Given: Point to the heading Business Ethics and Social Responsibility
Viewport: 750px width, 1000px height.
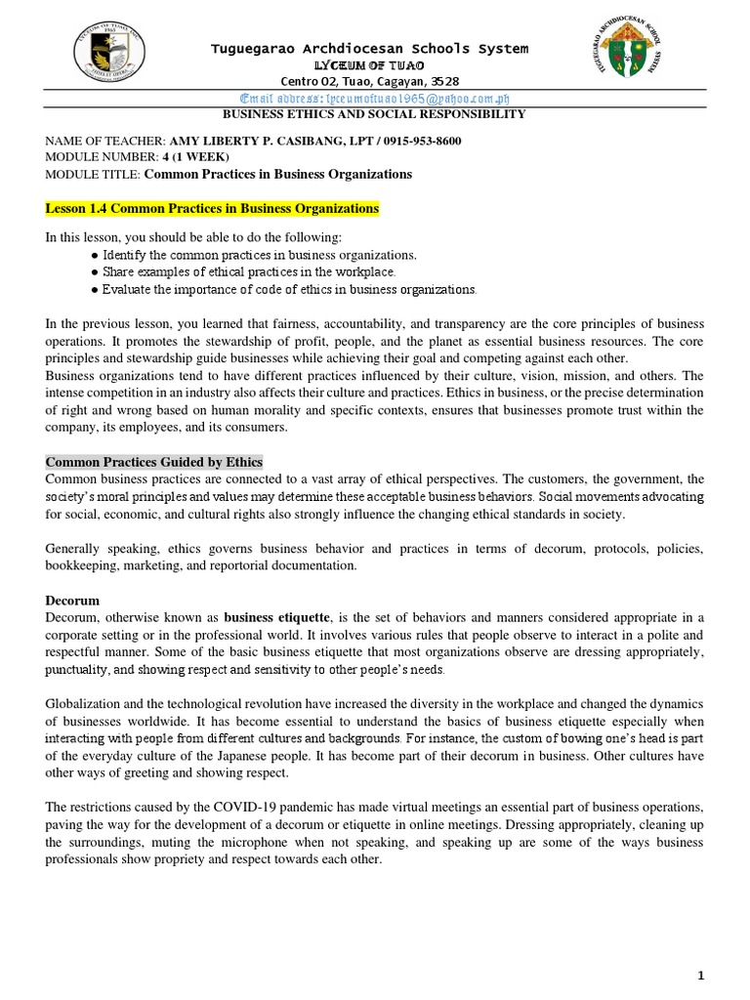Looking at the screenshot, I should [375, 114].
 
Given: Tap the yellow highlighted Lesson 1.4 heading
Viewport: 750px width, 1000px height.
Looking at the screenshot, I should [212, 209].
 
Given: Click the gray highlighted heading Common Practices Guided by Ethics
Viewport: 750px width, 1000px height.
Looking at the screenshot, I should [154, 462].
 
